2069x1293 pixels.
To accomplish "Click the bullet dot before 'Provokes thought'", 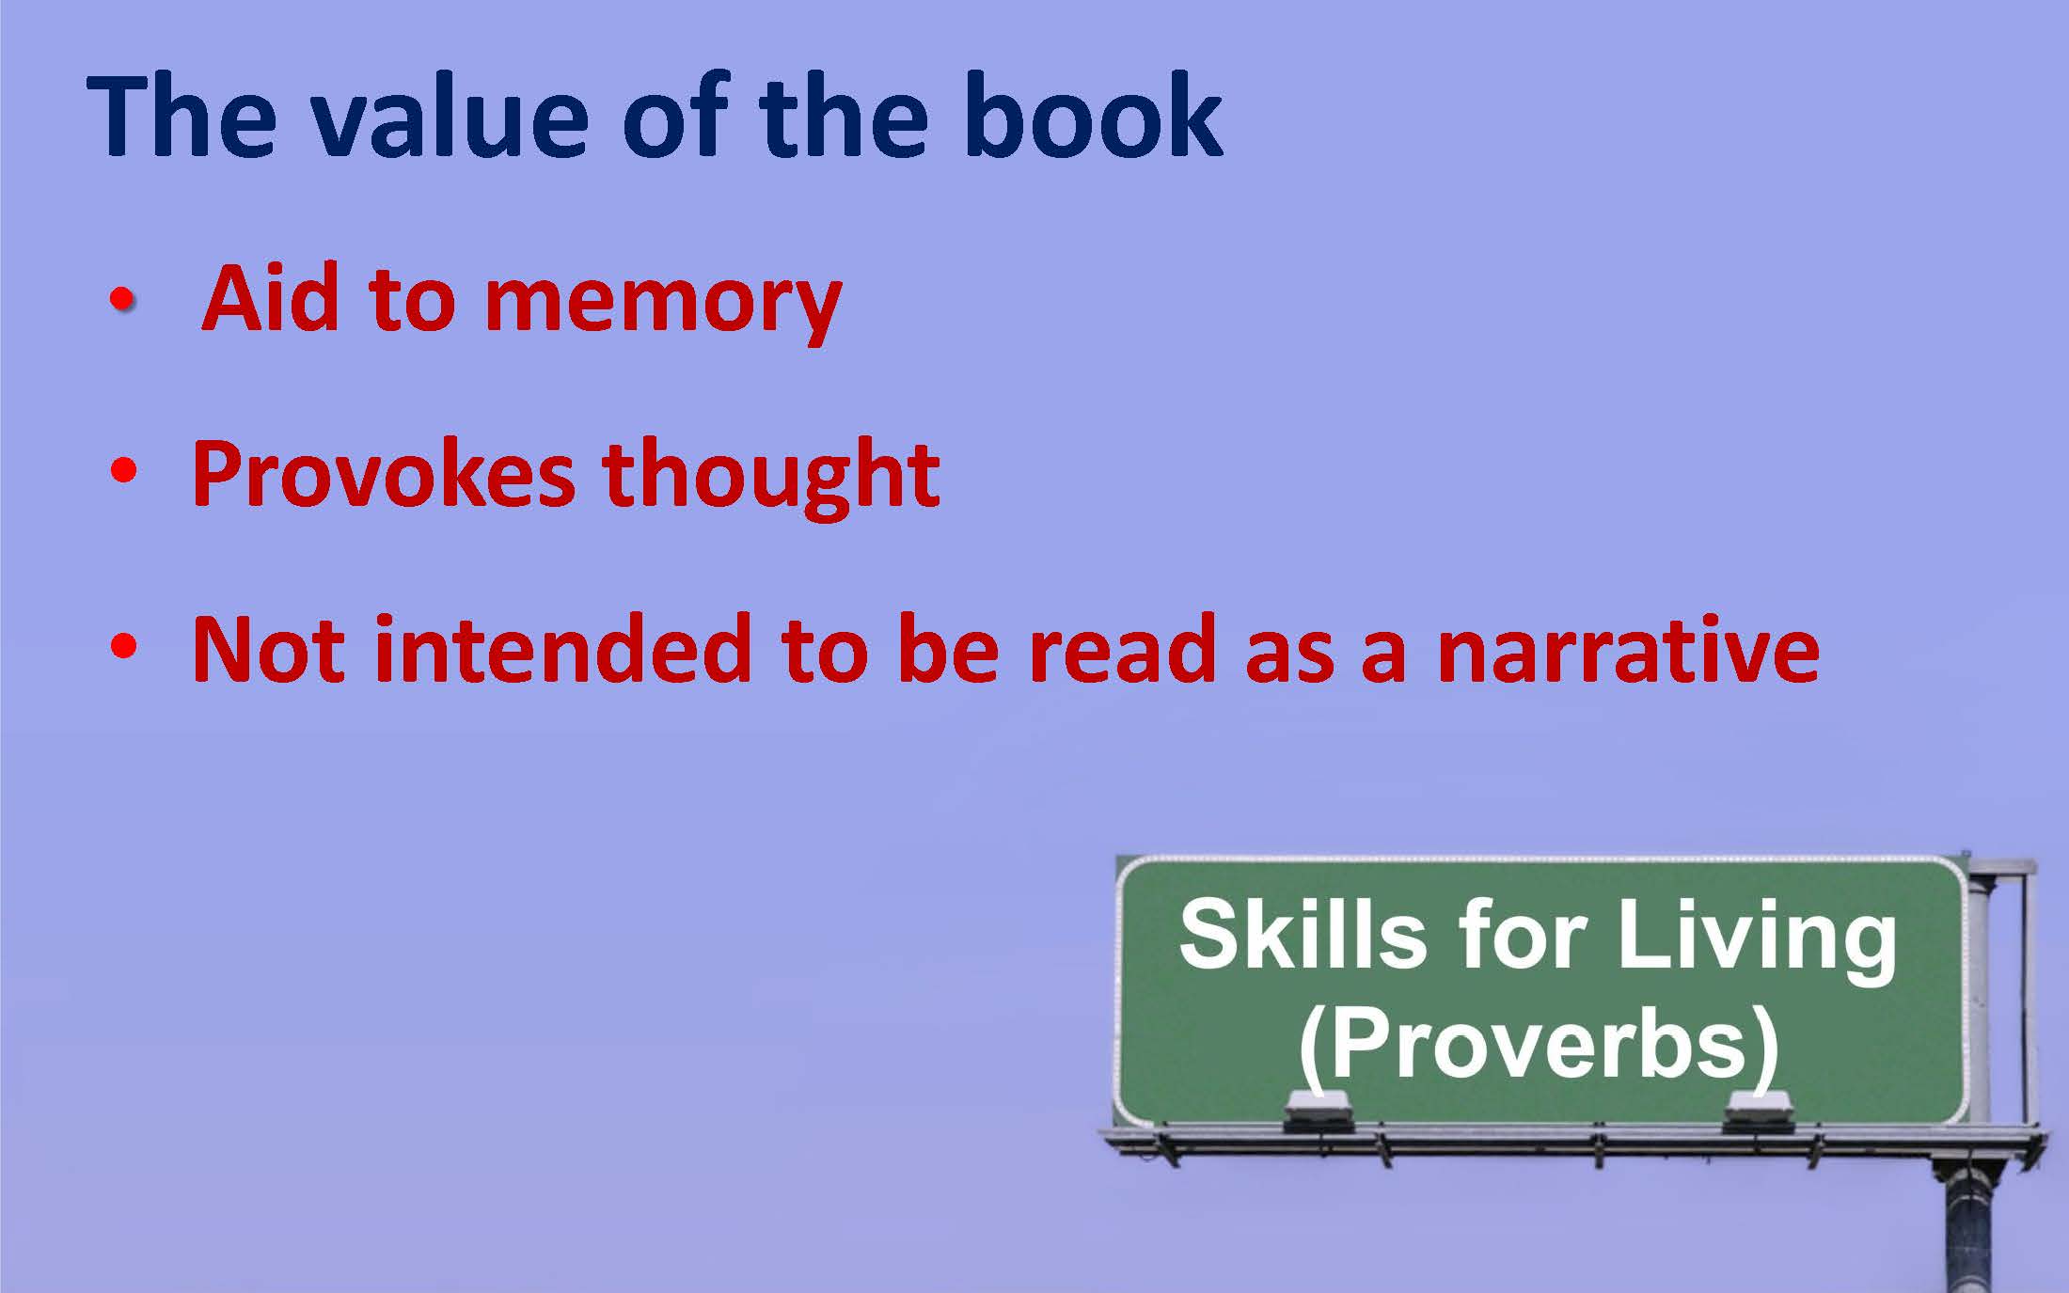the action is [x=123, y=470].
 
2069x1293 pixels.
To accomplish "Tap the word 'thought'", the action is [x=771, y=476].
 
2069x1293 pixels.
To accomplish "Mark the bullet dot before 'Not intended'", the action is [x=123, y=646].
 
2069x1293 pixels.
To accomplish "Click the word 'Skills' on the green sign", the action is [x=1302, y=934].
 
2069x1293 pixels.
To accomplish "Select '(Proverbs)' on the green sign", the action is [x=1539, y=1047].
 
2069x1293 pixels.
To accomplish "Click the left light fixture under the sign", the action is [x=1319, y=1111].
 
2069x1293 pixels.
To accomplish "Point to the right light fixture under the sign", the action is [x=1758, y=1111].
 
